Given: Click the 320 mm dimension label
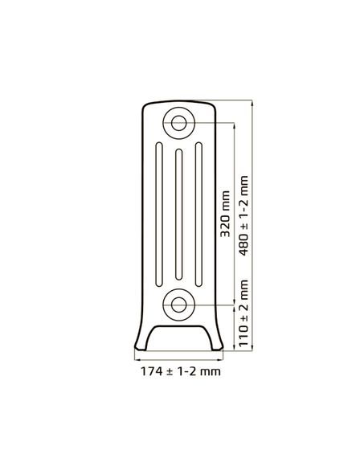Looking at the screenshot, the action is coord(225,214).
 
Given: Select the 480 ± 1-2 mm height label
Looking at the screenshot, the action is coord(243,215).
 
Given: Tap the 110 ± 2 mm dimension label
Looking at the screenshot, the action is coord(243,313).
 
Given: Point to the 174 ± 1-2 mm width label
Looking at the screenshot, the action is coord(181,371).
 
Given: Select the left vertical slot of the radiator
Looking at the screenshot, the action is coord(159,215).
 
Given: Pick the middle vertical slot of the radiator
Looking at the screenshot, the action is coord(179,215).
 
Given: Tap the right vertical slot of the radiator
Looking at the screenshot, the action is coord(198,215).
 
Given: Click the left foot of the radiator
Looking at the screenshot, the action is coord(141,346).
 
